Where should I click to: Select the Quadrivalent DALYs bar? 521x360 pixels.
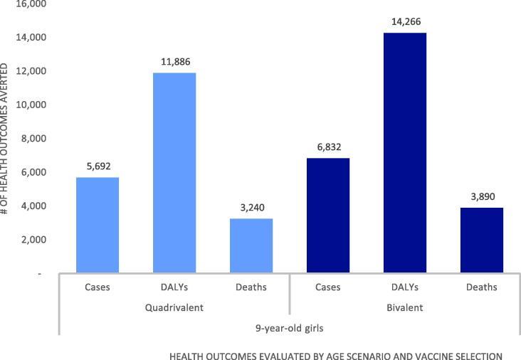pyautogui.click(x=174, y=173)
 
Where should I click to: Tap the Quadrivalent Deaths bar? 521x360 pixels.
pyautogui.click(x=251, y=245)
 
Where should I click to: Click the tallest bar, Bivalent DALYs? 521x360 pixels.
pyautogui.click(x=404, y=153)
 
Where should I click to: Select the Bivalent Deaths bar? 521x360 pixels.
pyautogui.click(x=481, y=240)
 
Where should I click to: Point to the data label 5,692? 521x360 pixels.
pyautogui.click(x=98, y=166)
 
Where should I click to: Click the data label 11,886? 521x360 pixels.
pyautogui.click(x=174, y=62)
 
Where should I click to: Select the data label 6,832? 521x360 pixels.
pyautogui.click(x=328, y=147)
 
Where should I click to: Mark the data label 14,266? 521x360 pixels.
pyautogui.click(x=404, y=22)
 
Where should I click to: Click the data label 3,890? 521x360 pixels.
pyautogui.click(x=481, y=197)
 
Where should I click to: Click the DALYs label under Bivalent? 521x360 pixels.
pyautogui.click(x=404, y=287)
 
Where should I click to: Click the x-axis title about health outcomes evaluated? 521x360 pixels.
pyautogui.click(x=336, y=354)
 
